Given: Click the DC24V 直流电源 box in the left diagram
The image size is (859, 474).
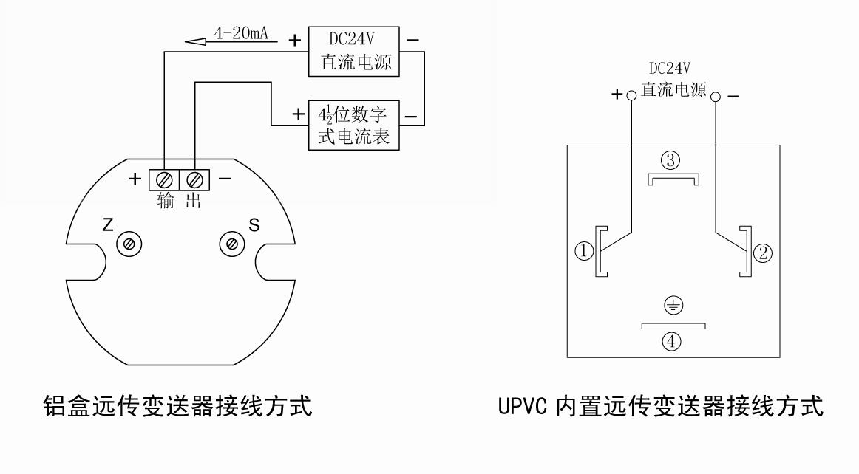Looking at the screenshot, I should pyautogui.click(x=353, y=51).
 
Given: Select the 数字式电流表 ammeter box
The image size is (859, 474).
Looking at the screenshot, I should pyautogui.click(x=353, y=125).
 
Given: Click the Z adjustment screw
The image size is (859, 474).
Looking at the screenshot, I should pyautogui.click(x=129, y=244).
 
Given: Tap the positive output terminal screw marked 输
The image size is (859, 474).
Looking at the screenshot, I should pyautogui.click(x=164, y=179).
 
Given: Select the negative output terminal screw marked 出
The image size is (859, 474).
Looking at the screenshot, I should pyautogui.click(x=194, y=179).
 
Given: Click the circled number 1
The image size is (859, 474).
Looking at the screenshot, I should pyautogui.click(x=584, y=253).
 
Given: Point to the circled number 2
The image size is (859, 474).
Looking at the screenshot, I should pyautogui.click(x=762, y=253).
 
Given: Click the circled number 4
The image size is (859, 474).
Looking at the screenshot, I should pyautogui.click(x=672, y=342).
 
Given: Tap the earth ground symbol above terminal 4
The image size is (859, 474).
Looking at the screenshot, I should pyautogui.click(x=673, y=305).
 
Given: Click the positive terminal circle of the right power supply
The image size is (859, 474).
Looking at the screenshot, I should pyautogui.click(x=631, y=96).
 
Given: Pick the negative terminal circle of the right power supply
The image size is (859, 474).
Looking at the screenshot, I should pyautogui.click(x=715, y=96).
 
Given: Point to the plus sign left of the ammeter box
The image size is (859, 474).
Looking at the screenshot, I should pyautogui.click(x=298, y=115).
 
